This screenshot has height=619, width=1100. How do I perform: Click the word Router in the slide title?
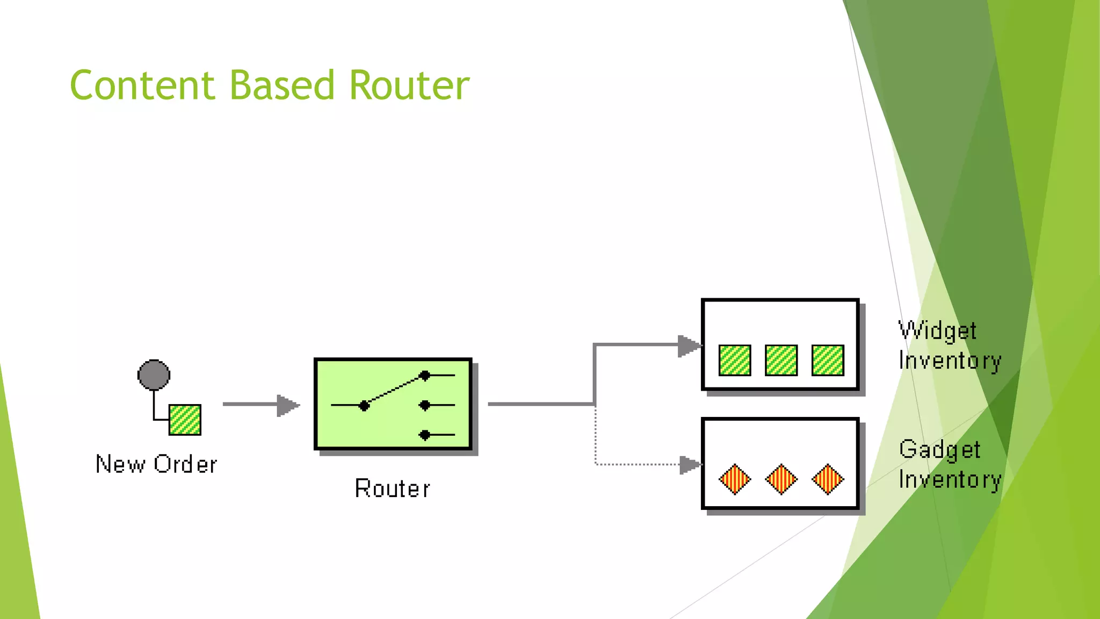409,85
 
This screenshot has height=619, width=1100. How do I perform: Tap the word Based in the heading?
282,85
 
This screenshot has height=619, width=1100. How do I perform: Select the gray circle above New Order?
154,375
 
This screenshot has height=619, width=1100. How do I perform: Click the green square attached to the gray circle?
185,420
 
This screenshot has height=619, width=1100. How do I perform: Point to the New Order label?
156,464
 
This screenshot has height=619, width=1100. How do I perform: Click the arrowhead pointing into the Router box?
287,405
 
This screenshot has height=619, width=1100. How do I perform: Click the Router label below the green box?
393,489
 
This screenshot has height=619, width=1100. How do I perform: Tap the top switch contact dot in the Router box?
425,376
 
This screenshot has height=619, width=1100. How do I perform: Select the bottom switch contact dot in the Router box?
425,435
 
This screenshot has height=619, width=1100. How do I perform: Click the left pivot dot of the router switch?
364,406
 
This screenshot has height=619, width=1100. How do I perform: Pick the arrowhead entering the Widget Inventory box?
689,346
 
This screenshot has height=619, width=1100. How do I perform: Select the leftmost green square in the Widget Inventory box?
735,360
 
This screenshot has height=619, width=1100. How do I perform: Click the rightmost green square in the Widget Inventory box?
828,360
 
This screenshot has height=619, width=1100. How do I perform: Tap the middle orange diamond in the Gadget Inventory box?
781,479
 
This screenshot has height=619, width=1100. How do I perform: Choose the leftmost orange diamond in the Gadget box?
735,479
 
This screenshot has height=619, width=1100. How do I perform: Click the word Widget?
938,331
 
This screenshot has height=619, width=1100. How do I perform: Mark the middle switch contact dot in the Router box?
425,405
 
